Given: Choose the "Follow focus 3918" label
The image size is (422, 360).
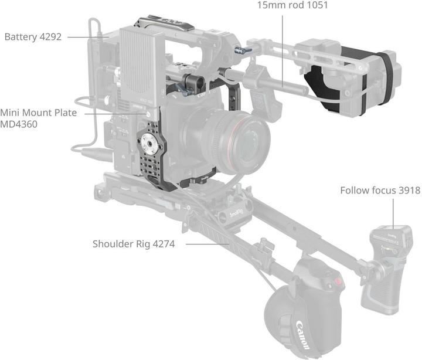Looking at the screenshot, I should pyautogui.click(x=380, y=191).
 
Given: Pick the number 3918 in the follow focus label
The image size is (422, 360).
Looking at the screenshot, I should pyautogui.click(x=409, y=191).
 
